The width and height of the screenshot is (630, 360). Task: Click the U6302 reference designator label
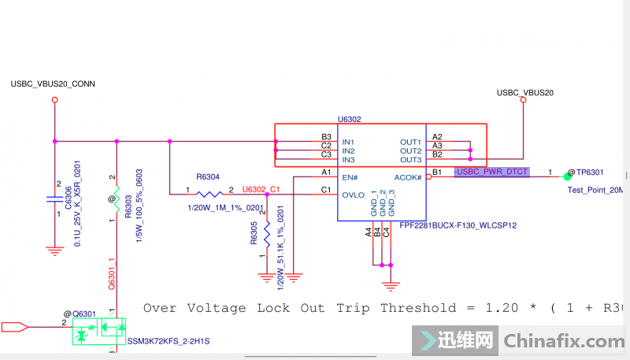click(x=349, y=119)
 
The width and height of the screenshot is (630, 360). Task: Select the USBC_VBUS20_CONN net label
click(x=54, y=84)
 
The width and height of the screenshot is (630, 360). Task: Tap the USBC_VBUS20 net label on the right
click(x=525, y=93)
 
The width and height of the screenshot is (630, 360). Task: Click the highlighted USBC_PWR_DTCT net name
click(x=491, y=172)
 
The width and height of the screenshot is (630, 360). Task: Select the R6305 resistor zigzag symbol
click(x=267, y=234)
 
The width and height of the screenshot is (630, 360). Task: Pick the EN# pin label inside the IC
click(x=350, y=178)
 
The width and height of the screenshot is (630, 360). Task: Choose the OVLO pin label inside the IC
click(x=354, y=194)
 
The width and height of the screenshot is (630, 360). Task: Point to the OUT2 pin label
click(x=410, y=150)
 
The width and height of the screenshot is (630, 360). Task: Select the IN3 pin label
click(x=348, y=160)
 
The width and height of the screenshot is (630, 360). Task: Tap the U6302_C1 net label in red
click(x=261, y=189)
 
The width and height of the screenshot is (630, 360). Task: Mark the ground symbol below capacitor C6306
click(x=54, y=251)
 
